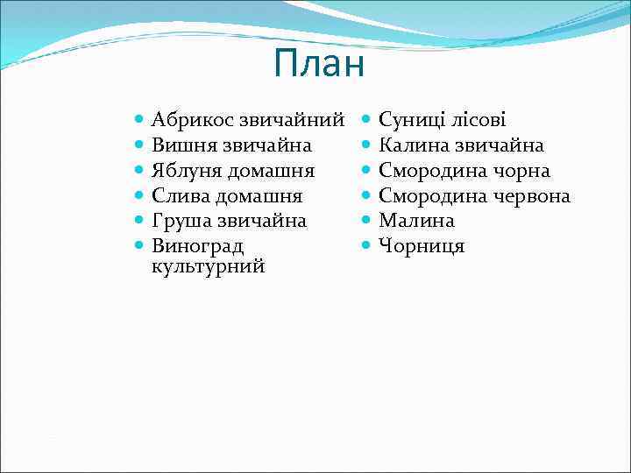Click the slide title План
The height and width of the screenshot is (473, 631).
click(x=317, y=63)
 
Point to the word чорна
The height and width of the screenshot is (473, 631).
click(x=521, y=170)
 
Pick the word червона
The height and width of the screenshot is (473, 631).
click(x=531, y=195)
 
